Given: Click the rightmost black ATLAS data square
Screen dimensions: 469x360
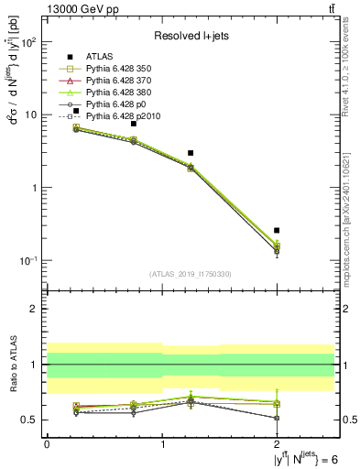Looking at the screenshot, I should point(277,230).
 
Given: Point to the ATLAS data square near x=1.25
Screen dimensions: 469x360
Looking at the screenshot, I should point(191,153).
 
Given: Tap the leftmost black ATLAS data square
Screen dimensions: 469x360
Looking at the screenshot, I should point(76,111).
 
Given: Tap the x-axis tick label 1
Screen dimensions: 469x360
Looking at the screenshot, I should point(162,443).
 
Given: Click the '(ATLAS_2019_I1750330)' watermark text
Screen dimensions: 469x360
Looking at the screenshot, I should point(191,274).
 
